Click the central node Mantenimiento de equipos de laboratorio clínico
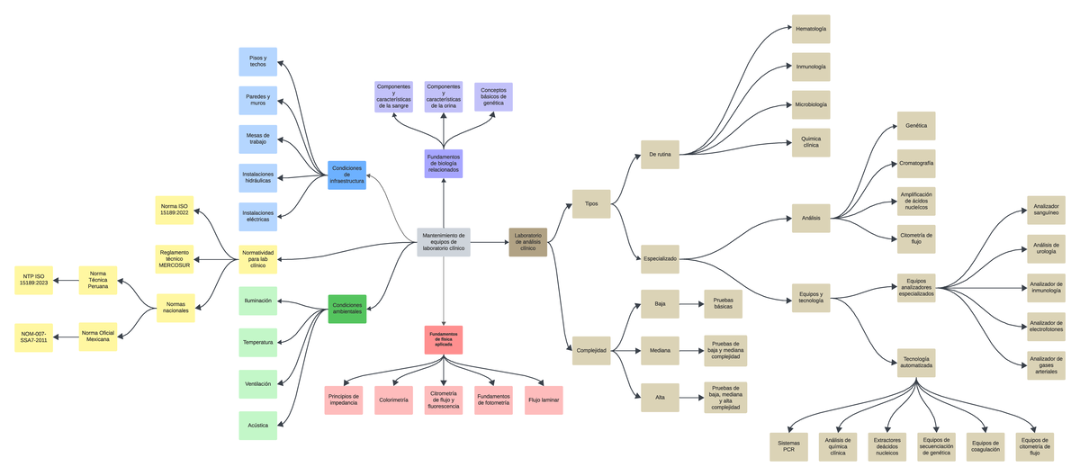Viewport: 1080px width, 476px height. pyautogui.click(x=443, y=241)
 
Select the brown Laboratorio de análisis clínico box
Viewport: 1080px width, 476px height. pyautogui.click(x=527, y=241)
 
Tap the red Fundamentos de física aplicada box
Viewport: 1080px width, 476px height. pyautogui.click(x=443, y=339)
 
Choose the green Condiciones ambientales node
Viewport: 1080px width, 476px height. pyautogui.click(x=346, y=309)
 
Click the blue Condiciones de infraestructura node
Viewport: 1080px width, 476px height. pyautogui.click(x=346, y=175)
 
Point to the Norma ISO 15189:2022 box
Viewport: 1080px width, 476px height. pyautogui.click(x=175, y=211)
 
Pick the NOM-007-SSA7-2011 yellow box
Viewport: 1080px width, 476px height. pyautogui.click(x=34, y=337)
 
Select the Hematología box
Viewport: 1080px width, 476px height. pyautogui.click(x=810, y=29)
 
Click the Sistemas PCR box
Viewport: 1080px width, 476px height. pyautogui.click(x=788, y=445)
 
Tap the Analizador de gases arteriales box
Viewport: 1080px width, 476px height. pyautogui.click(x=1046, y=364)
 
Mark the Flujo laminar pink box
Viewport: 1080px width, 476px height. pyautogui.click(x=544, y=400)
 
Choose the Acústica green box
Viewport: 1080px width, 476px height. pyautogui.click(x=257, y=425)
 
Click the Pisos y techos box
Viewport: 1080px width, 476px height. pyautogui.click(x=257, y=62)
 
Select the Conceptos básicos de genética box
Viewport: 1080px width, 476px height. pyautogui.click(x=493, y=96)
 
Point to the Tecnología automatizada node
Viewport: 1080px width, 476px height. pyautogui.click(x=916, y=363)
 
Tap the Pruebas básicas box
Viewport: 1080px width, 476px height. pyautogui.click(x=722, y=304)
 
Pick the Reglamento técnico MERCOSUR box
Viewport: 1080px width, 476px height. pyautogui.click(x=175, y=258)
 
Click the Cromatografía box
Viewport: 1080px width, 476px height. pyautogui.click(x=916, y=164)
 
